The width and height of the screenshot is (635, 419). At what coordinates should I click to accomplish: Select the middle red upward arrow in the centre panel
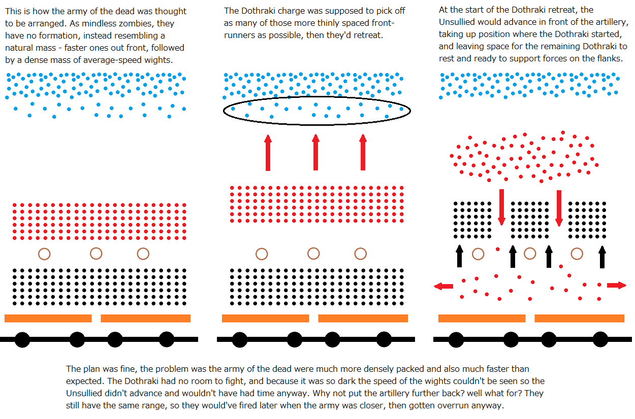pyautogui.click(x=315, y=152)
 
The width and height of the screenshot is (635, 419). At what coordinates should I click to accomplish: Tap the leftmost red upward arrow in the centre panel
pyautogui.click(x=268, y=153)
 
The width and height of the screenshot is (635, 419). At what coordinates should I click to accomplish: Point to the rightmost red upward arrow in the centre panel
pyautogui.click(x=363, y=152)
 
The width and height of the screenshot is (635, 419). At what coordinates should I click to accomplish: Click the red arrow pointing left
pyautogui.click(x=443, y=286)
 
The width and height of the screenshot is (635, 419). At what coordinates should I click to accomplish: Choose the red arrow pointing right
pyautogui.click(x=617, y=286)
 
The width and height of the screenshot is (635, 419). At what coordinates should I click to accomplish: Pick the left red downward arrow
pyautogui.click(x=501, y=207)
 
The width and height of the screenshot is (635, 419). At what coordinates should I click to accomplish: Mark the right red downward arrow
pyautogui.click(x=559, y=208)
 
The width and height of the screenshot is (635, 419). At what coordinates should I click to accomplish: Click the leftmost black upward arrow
pyautogui.click(x=460, y=256)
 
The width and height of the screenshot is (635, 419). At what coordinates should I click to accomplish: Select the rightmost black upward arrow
pyautogui.click(x=602, y=257)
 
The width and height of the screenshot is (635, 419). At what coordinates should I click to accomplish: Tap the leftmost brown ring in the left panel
pyautogui.click(x=44, y=248)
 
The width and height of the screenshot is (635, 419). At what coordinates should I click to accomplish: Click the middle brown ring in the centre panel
pyautogui.click(x=313, y=248)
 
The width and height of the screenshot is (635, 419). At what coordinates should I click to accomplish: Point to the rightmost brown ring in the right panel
pyautogui.click(x=577, y=248)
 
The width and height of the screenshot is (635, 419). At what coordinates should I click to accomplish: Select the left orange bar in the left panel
pyautogui.click(x=48, y=318)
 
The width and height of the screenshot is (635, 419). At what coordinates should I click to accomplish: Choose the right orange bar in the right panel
pyautogui.click(x=580, y=318)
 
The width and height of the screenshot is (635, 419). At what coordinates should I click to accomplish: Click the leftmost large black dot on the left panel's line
pyautogui.click(x=22, y=339)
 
